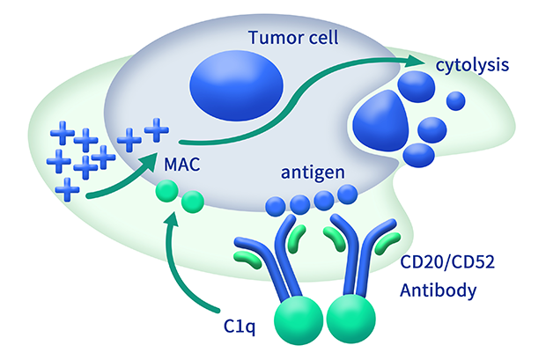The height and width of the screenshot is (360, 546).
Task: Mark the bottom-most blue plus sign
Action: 66,187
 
